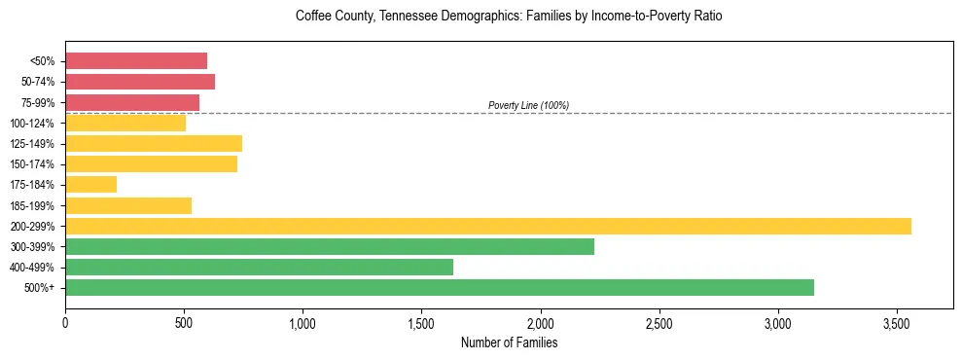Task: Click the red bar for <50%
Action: [x=136, y=60]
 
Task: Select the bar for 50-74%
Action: [x=140, y=82]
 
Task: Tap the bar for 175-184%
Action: [x=90, y=184]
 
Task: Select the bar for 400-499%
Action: [x=259, y=267]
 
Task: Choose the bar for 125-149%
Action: [x=154, y=143]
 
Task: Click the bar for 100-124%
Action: [x=125, y=123]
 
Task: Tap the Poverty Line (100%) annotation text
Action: [x=528, y=105]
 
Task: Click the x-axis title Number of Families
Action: [x=509, y=342]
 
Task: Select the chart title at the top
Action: [x=509, y=17]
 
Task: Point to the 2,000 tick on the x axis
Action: [x=540, y=323]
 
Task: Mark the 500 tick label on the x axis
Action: [x=184, y=323]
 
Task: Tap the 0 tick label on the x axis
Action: [x=65, y=323]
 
